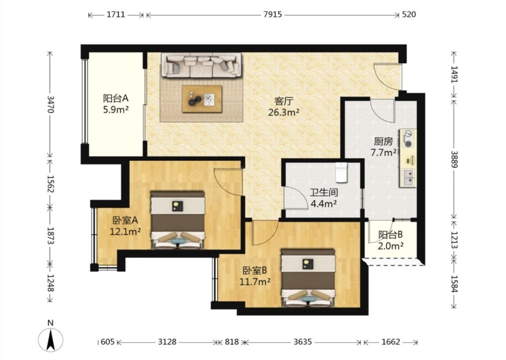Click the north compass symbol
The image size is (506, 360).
click(50, 339)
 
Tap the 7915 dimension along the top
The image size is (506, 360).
click(272, 14)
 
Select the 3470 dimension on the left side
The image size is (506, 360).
click(50, 104)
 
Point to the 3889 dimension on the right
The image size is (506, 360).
click(455, 159)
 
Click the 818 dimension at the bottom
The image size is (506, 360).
click(232, 342)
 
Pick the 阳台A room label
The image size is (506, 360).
click(116, 98)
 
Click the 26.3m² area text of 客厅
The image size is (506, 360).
click(283, 113)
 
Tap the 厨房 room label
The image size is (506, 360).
click(383, 141)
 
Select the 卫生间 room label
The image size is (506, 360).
click(324, 193)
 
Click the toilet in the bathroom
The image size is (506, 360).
click(341, 172)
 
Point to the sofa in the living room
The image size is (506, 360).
click(201, 66)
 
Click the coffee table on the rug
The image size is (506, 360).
click(202, 99)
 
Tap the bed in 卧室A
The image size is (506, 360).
click(178, 220)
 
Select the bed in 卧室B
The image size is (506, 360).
click(308, 278)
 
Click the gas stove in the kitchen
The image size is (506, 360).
click(409, 139)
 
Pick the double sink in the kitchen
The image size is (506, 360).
click(409, 177)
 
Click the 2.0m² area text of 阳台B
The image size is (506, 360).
click(390, 246)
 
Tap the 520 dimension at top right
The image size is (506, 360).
click(409, 14)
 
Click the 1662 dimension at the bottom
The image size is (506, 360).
click(391, 342)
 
